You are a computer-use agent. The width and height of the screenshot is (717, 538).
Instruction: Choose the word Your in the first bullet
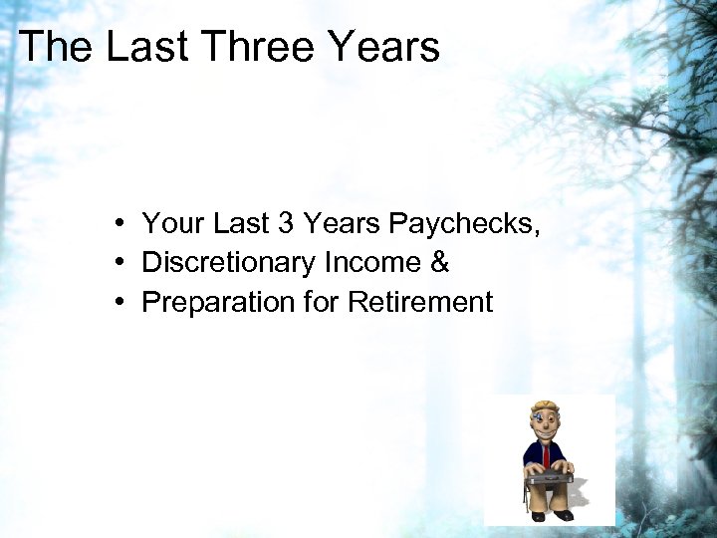click(171, 223)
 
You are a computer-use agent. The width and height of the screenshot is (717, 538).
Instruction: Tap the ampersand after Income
click(439, 263)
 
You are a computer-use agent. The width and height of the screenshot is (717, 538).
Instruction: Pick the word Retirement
click(420, 303)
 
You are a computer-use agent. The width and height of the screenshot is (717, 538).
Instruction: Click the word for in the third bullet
click(322, 303)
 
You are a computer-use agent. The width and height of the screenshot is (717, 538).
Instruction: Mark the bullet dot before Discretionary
click(118, 263)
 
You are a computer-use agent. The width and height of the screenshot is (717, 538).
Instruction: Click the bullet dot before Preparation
click(118, 303)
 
